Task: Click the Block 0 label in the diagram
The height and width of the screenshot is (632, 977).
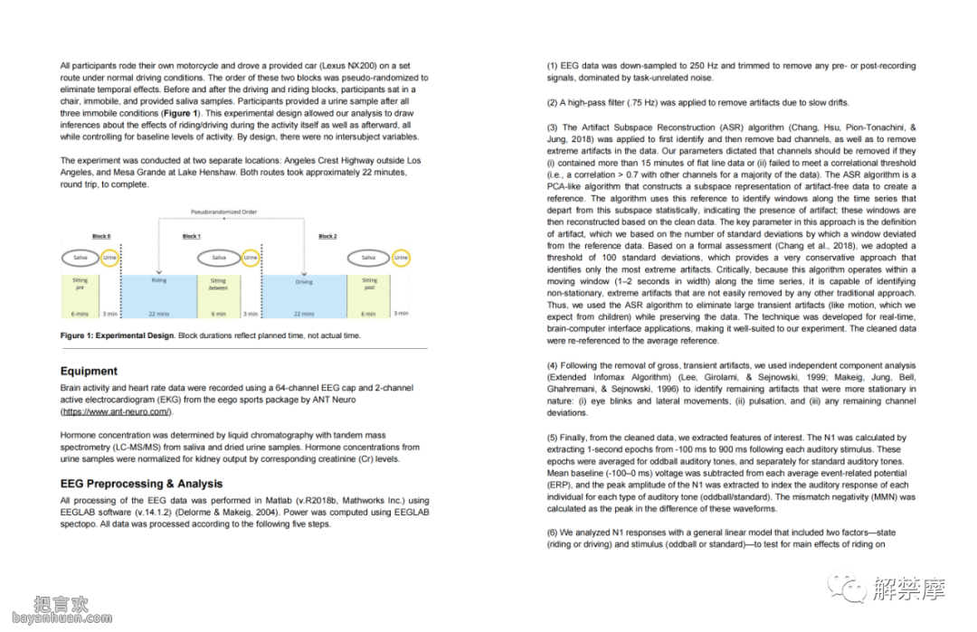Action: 102,236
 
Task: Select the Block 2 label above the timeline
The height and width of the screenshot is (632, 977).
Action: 327,236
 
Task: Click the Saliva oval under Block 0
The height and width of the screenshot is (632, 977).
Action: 80,258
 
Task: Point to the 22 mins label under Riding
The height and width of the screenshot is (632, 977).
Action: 158,314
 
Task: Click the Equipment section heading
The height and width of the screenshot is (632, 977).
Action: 89,371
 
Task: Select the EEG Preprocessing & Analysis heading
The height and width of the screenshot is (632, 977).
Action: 141,484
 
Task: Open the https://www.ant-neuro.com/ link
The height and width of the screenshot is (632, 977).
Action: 115,411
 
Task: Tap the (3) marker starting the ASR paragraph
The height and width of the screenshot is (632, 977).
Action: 554,128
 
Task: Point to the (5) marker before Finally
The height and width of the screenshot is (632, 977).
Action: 554,438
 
